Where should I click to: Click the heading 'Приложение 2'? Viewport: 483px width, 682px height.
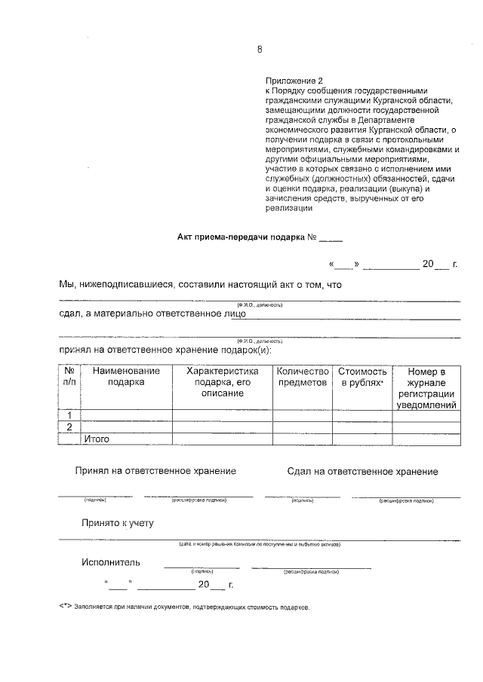pyautogui.click(x=294, y=80)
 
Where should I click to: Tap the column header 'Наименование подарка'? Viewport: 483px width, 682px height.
pyautogui.click(x=126, y=377)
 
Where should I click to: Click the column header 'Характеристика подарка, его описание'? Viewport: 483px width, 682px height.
pyautogui.click(x=222, y=382)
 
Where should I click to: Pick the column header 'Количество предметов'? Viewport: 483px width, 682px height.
pyautogui.click(x=303, y=377)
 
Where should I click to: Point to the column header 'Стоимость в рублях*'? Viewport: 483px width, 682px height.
pyautogui.click(x=362, y=377)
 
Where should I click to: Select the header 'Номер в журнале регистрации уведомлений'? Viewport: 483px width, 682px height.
pyautogui.click(x=426, y=388)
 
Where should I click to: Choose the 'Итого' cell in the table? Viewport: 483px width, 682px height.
pyautogui.click(x=97, y=439)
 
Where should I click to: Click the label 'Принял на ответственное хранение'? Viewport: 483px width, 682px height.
pyautogui.click(x=155, y=471)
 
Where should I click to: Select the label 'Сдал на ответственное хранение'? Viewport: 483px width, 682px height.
pyautogui.click(x=362, y=472)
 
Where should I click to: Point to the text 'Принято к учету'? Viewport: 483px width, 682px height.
pyautogui.click(x=118, y=523)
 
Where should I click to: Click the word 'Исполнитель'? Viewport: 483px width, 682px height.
pyautogui.click(x=111, y=563)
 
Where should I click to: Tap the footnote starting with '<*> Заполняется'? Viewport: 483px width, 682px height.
pyautogui.click(x=184, y=607)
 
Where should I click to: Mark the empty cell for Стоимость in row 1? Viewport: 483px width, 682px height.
pyautogui.click(x=362, y=415)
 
